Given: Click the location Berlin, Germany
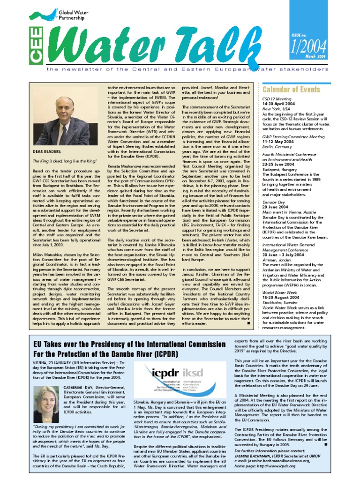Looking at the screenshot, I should (x=277, y=146).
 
